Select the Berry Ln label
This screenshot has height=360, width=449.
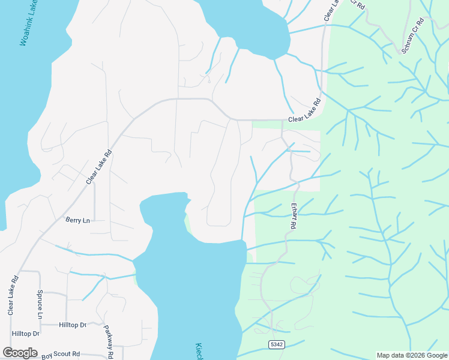coord(77,220)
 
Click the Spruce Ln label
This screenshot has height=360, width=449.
coord(40,307)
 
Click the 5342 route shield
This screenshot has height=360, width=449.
coord(276,344)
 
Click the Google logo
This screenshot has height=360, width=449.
coord(20,353)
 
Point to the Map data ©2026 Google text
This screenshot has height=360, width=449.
coord(411,355)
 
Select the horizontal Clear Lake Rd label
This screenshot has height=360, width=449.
coord(304,119)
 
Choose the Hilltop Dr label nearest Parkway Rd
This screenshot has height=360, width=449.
coord(73,325)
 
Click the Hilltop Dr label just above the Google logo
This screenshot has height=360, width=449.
coord(25,333)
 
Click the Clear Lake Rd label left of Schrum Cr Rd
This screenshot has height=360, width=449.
coord(332,11)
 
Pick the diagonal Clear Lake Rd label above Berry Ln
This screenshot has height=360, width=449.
coord(99,167)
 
